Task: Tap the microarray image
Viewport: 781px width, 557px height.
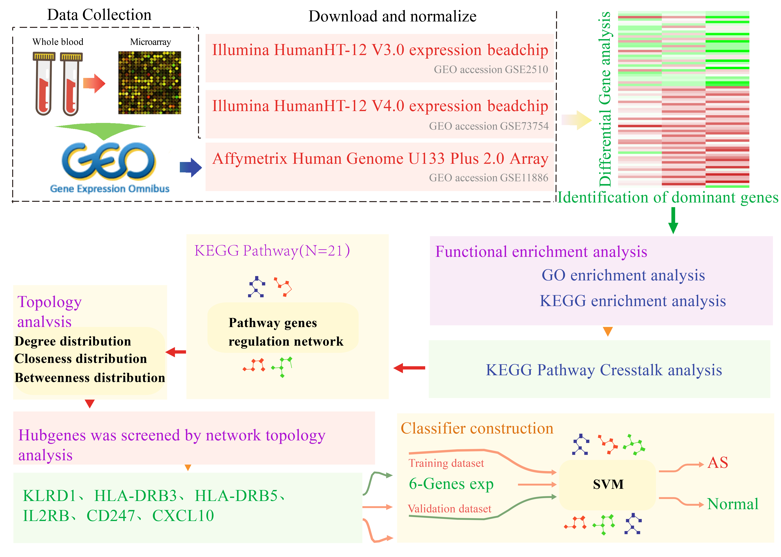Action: coord(150,83)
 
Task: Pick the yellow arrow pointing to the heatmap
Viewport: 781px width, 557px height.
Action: coord(577,120)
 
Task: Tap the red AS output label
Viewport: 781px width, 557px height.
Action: coord(718,463)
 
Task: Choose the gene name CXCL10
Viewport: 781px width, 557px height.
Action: coord(183,516)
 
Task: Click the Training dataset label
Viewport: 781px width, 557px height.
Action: coord(446,463)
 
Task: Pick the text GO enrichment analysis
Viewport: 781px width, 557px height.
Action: coord(623,275)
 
